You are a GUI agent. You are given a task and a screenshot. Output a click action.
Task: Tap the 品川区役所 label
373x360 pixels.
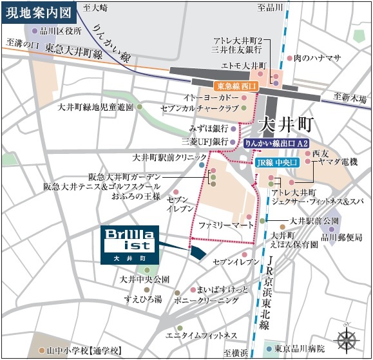(60, 30)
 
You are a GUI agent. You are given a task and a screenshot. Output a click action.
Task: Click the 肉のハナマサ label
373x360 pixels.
(317, 58)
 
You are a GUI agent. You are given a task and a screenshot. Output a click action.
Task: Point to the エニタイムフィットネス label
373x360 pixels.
(202, 336)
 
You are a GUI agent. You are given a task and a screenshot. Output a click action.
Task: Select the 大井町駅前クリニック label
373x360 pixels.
(170, 156)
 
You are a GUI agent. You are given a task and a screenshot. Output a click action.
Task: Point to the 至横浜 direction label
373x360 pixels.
(236, 352)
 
